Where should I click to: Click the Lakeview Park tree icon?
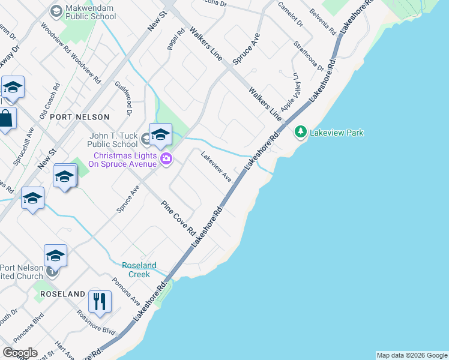click(301, 132)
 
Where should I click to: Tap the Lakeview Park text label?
click(336, 133)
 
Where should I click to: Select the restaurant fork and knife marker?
click(100, 301)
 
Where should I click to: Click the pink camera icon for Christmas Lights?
click(166, 159)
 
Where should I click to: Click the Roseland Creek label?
click(139, 269)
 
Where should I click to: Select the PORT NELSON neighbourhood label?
click(80, 117)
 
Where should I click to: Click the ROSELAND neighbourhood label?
click(62, 294)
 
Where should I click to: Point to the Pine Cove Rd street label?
click(179, 218)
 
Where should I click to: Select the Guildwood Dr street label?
click(128, 98)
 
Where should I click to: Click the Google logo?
click(20, 353)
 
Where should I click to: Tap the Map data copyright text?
click(411, 355)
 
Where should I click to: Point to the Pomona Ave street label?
click(126, 290)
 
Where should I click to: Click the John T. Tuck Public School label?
click(112, 140)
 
